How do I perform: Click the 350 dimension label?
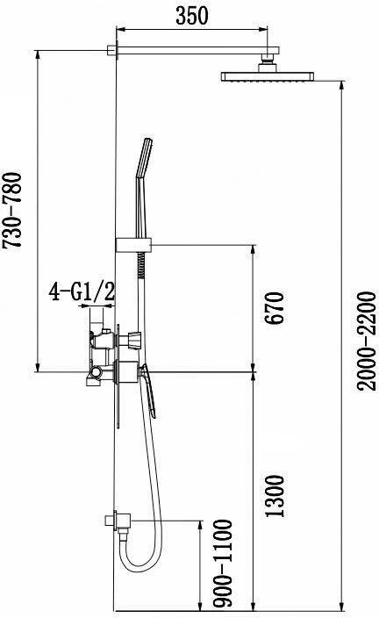coord(192,16)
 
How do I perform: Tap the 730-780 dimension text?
coord(11,210)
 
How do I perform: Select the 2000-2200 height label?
coord(367,341)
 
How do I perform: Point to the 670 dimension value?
coord(275,308)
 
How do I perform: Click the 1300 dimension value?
coord(275,496)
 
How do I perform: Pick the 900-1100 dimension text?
coord(223,564)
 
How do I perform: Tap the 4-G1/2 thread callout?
coord(82,292)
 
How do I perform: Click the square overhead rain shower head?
coord(267,77)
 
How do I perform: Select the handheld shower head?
coord(144,158)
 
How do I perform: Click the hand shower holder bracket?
coord(134,245)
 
